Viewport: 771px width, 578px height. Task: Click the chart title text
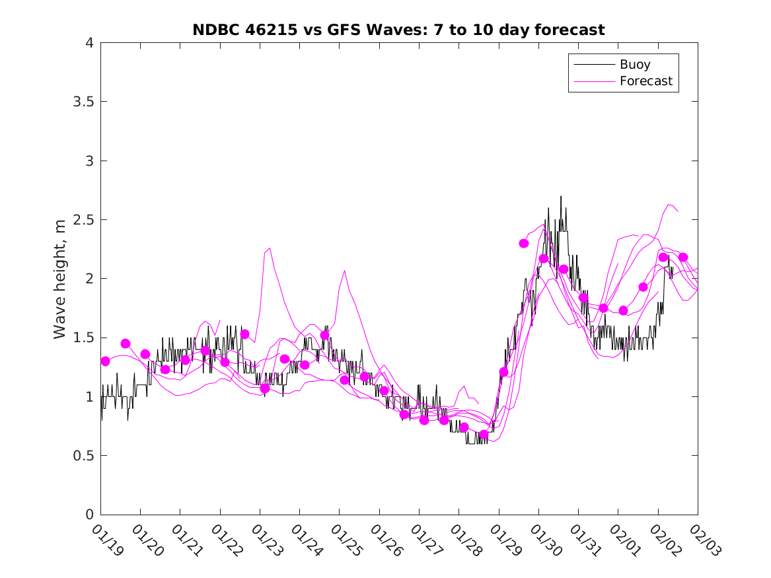398,30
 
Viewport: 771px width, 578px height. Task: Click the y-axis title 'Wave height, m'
60,279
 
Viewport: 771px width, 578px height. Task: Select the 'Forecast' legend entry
645,81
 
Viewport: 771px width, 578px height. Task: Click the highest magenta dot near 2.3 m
524,243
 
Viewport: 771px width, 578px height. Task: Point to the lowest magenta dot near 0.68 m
484,435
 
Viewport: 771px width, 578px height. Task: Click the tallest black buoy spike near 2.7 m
561,197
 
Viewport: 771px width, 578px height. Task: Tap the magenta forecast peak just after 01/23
270,248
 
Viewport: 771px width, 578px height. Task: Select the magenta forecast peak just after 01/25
344,271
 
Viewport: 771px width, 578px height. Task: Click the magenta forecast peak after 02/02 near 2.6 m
669,204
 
